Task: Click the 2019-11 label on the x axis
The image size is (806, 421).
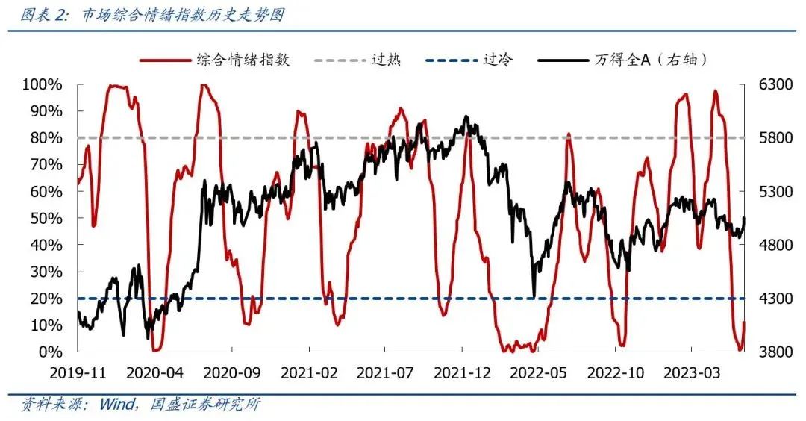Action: [x=77, y=372]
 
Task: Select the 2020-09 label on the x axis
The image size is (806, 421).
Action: [x=231, y=372]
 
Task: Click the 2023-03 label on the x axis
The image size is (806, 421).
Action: [x=692, y=372]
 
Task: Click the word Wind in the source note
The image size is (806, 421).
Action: [x=115, y=405]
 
